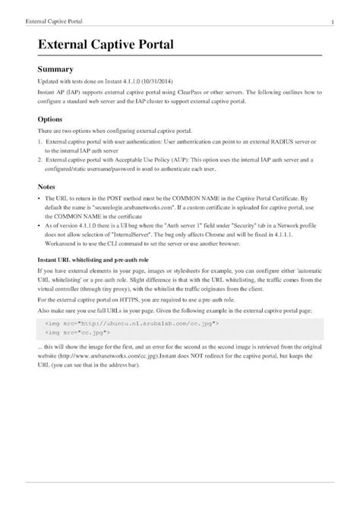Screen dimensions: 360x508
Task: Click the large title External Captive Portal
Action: (x=106, y=46)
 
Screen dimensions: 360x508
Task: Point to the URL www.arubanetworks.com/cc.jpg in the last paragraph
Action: (x=104, y=355)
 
